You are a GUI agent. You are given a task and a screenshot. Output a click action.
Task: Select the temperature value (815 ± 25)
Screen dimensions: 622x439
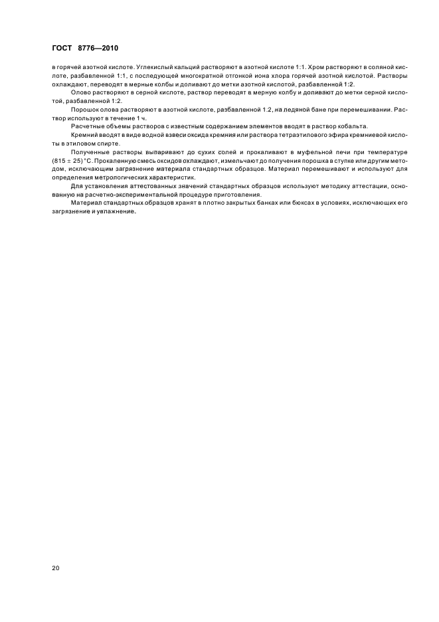pyautogui.click(x=69, y=161)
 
